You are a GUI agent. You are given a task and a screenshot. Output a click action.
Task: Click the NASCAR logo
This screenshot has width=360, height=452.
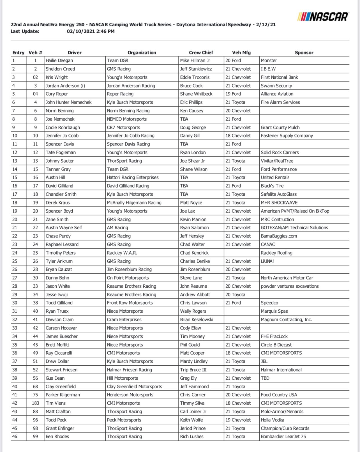click(323, 17)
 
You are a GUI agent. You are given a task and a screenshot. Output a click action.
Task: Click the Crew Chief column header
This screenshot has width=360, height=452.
click(201, 52)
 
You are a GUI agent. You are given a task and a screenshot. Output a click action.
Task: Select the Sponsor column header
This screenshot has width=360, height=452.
click(304, 52)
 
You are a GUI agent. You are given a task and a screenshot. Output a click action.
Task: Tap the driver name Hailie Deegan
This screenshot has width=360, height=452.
click(59, 61)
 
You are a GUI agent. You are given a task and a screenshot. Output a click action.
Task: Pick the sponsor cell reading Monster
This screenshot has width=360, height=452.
click(269, 61)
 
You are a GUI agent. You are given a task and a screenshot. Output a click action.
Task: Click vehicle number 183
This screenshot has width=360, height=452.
click(35, 403)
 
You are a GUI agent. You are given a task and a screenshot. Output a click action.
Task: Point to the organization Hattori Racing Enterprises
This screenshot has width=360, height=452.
click(133, 177)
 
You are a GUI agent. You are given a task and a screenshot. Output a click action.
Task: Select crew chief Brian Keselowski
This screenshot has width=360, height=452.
click(197, 320)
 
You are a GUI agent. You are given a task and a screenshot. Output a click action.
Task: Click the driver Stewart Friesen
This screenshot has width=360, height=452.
click(61, 370)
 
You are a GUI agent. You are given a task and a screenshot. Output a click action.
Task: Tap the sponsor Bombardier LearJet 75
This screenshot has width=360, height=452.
click(283, 437)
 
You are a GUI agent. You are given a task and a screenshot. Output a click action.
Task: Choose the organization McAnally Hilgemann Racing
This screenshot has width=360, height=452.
click(134, 203)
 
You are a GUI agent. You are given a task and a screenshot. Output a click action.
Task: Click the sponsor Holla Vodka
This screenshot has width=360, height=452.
click(272, 420)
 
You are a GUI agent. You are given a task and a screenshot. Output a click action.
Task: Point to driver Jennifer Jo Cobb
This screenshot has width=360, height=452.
click(62, 136)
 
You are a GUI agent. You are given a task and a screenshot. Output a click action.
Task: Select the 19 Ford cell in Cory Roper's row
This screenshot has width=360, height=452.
click(233, 94)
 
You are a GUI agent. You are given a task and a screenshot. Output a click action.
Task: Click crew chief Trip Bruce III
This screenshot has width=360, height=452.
click(193, 370)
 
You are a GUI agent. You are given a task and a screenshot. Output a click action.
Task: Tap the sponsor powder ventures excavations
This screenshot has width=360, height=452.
click(290, 286)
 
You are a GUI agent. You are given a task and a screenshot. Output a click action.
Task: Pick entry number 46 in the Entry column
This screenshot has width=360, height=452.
click(15, 437)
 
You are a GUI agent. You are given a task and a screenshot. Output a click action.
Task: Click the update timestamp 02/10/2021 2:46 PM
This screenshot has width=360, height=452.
click(91, 31)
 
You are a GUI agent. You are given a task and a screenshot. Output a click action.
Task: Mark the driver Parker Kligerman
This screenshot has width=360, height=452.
click(63, 395)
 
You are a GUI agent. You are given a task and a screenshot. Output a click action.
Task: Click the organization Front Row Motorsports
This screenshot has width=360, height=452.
click(130, 303)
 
